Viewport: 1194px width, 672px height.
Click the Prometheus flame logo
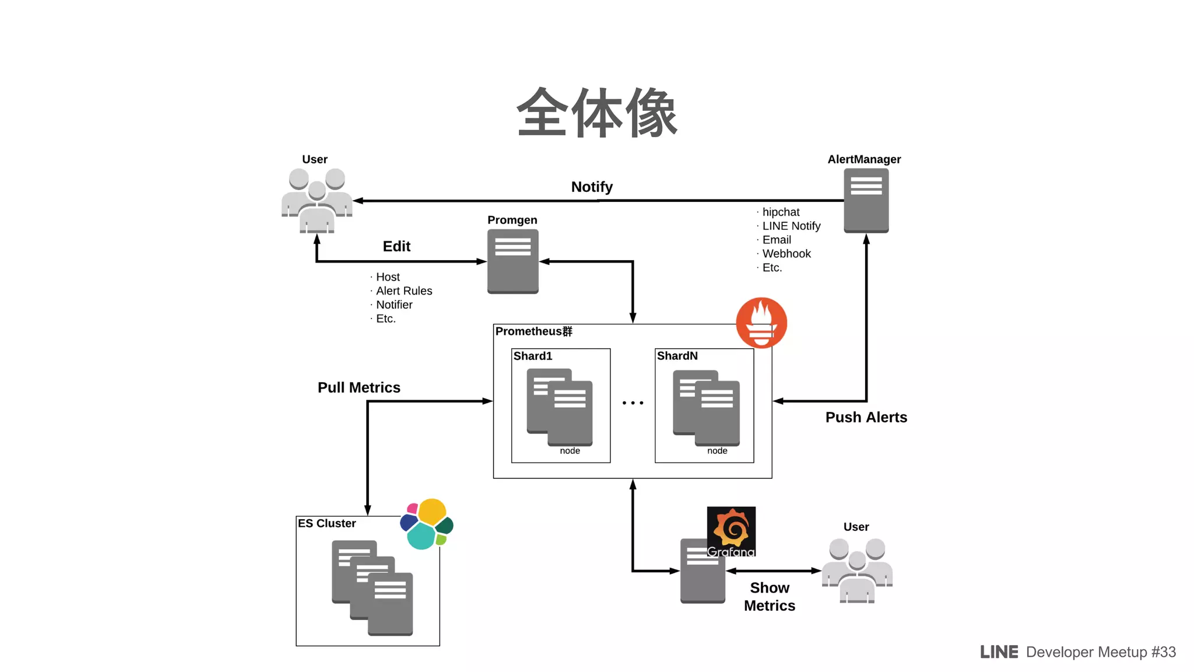point(761,323)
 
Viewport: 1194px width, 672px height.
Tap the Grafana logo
point(731,531)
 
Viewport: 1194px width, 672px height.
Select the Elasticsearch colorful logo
point(427,524)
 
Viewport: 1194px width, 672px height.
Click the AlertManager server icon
point(866,201)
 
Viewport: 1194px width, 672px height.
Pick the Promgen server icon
point(512,261)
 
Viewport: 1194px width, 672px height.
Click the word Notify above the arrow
point(592,187)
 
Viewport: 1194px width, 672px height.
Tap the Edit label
point(396,246)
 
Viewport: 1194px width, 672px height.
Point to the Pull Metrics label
point(359,387)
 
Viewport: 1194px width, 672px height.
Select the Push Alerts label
point(866,417)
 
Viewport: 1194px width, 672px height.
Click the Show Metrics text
point(770,596)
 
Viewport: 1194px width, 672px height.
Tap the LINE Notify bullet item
point(791,226)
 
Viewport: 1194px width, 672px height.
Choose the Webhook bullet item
point(786,254)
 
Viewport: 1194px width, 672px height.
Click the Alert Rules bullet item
point(404,290)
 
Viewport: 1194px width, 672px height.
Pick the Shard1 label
point(532,356)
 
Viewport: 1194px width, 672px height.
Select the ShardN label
point(677,356)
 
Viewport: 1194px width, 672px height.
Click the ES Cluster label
point(326,523)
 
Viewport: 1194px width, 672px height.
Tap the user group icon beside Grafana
point(857,570)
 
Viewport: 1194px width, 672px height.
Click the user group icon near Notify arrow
point(317,200)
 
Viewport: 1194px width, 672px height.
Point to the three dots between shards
point(633,402)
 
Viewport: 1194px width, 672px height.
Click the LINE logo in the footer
point(999,652)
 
